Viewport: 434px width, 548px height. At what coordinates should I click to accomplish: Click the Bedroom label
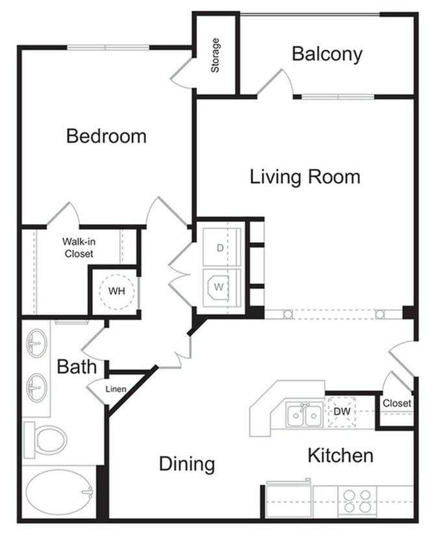pos(107,136)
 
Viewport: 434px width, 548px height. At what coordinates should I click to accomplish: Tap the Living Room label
pos(305,177)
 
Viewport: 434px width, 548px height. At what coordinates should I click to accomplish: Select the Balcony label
pos(326,54)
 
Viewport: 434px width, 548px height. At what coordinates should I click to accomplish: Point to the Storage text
pos(216,55)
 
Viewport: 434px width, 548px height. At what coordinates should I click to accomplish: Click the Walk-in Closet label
pos(77,247)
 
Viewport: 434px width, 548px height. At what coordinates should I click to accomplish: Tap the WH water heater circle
pos(117,292)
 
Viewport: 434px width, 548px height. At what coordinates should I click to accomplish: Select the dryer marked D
pos(222,247)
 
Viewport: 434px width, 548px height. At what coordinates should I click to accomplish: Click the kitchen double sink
pos(303,414)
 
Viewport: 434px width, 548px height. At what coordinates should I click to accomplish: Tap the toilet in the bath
pos(47,440)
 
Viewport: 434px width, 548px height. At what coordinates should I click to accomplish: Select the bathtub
pos(59,493)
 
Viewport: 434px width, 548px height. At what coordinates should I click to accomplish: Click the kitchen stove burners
pos(357,501)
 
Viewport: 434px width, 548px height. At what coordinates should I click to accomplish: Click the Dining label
pos(187,464)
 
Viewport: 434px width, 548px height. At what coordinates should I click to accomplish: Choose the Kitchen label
pos(340,455)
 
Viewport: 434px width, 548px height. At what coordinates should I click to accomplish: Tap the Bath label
pos(77,367)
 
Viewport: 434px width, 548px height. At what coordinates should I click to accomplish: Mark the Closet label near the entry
pos(396,403)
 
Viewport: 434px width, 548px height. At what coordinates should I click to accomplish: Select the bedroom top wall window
pos(108,47)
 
